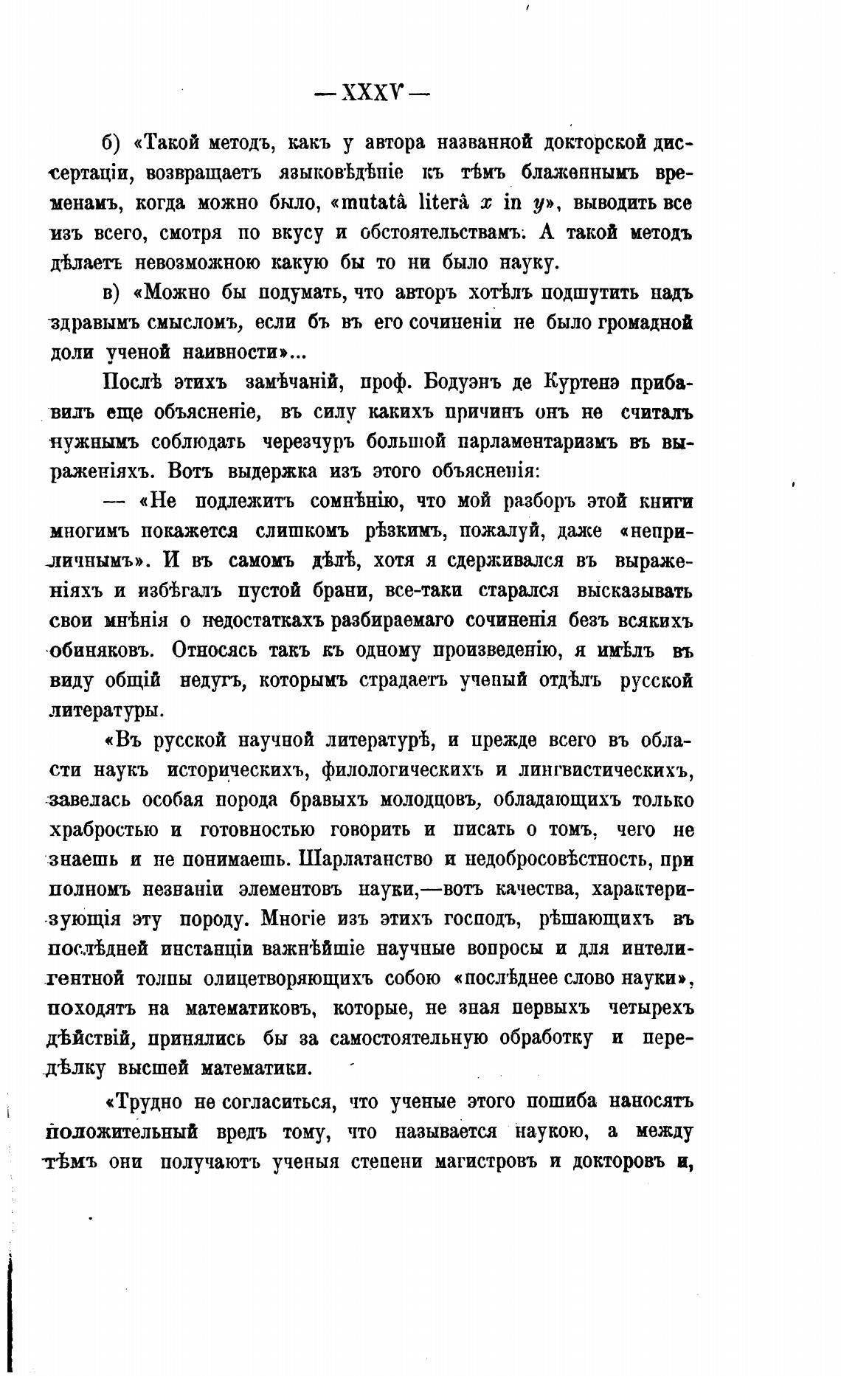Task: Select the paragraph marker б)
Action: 110,142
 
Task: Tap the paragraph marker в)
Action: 110,293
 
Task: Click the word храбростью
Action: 103,830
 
